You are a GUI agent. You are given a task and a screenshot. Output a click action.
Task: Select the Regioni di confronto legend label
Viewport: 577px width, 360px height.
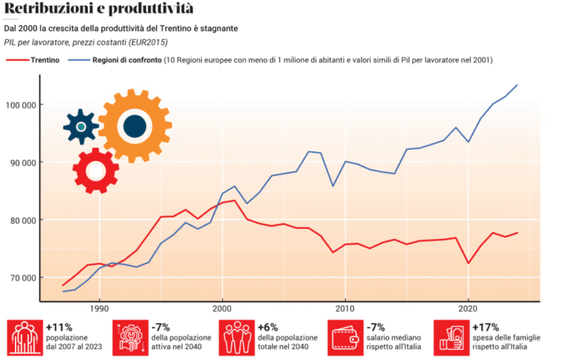point(127,60)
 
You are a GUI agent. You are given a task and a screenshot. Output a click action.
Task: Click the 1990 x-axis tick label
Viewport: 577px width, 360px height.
point(99,309)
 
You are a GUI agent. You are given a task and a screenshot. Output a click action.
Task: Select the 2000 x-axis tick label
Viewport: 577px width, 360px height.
point(222,309)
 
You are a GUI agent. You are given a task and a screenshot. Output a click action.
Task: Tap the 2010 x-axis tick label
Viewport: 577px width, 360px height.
point(344,309)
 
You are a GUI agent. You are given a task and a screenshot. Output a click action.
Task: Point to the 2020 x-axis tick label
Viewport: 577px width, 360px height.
point(467,309)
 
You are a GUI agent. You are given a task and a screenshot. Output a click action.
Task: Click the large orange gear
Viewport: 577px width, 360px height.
point(135,126)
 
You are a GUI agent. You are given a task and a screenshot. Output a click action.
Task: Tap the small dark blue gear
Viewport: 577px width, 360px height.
point(81,127)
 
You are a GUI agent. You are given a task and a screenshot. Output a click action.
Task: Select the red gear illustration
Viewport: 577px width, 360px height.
point(95,170)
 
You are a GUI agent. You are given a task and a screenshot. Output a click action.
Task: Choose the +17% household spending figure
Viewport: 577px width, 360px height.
point(485,327)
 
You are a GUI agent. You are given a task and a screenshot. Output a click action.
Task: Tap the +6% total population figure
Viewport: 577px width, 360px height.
point(268,327)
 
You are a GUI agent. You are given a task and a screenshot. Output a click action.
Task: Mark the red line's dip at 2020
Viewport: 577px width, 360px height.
point(468,263)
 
